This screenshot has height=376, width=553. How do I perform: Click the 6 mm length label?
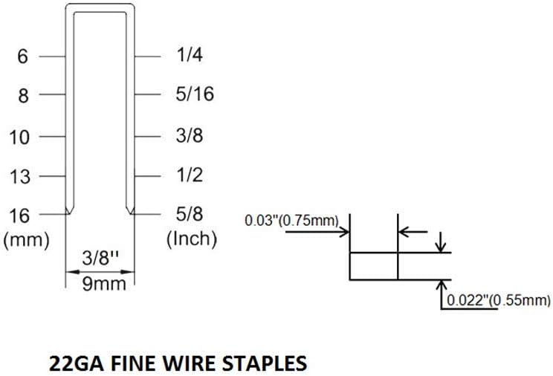pyautogui.click(x=23, y=56)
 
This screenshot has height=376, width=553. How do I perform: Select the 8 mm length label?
pyautogui.click(x=23, y=96)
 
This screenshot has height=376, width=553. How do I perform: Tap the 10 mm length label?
pyautogui.click(x=21, y=137)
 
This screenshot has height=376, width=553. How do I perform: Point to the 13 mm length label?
pyautogui.click(x=21, y=177)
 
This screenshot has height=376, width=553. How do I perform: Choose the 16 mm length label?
pyautogui.click(x=21, y=215)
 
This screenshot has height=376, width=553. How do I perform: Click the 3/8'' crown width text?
pyautogui.click(x=100, y=259)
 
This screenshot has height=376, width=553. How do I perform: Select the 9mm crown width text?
pyautogui.click(x=100, y=283)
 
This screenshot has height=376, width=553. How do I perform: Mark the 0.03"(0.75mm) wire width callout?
pyautogui.click(x=291, y=221)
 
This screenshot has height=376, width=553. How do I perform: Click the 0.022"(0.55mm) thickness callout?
pyautogui.click(x=497, y=301)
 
